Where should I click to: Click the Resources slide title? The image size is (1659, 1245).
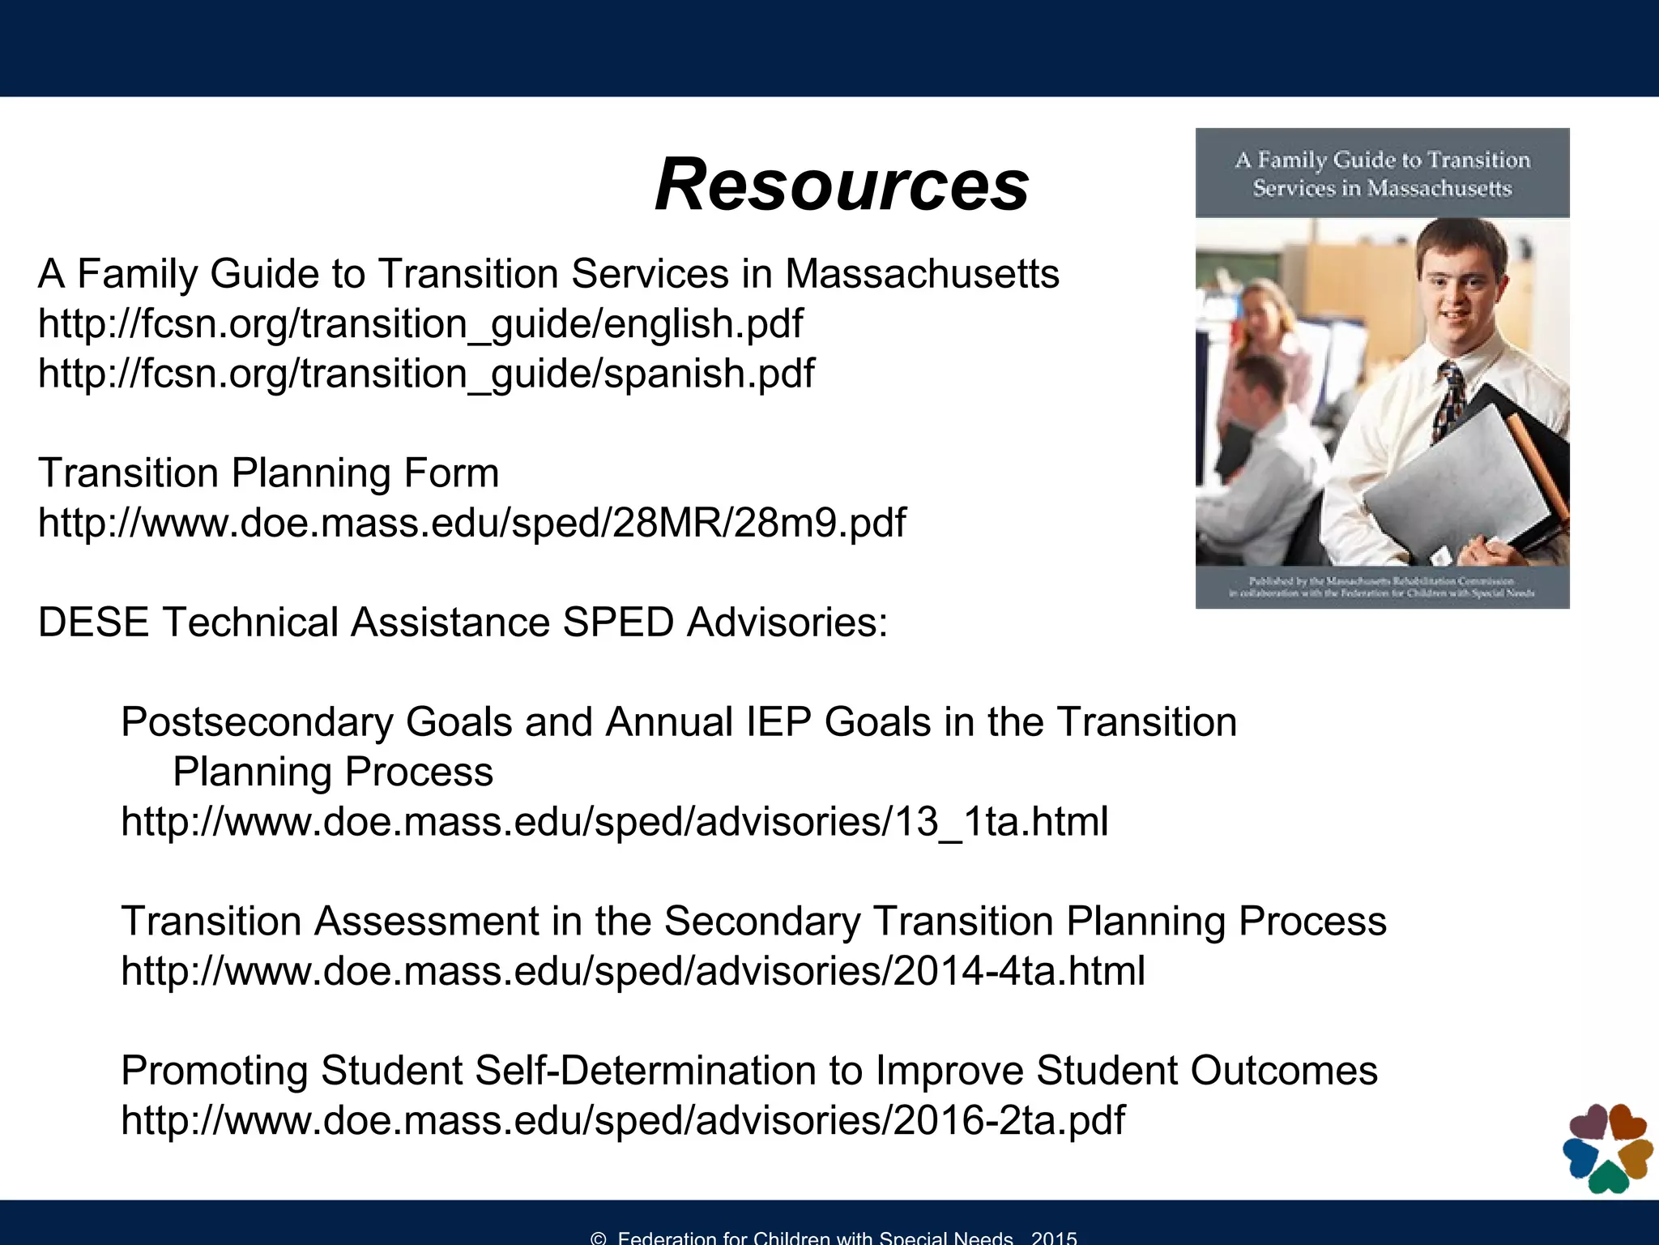pos(842,185)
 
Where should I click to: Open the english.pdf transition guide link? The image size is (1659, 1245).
pos(420,323)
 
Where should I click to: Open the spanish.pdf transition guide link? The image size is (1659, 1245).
pos(426,374)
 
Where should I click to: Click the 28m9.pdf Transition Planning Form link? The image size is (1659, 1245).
pos(471,523)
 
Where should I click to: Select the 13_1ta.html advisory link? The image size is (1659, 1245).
pos(614,822)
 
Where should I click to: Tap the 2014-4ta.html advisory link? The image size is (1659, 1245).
pos(633,971)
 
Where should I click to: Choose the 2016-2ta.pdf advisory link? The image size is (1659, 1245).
pos(622,1120)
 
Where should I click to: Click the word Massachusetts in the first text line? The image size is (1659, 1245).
pos(922,274)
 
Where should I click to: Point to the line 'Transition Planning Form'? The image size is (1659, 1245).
pos(268,473)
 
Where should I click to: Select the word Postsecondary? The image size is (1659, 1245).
pos(257,722)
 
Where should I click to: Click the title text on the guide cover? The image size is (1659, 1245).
pos(1382,173)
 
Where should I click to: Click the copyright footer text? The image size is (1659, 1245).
pos(834,1237)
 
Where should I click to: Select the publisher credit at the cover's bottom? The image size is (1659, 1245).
pos(1382,587)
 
